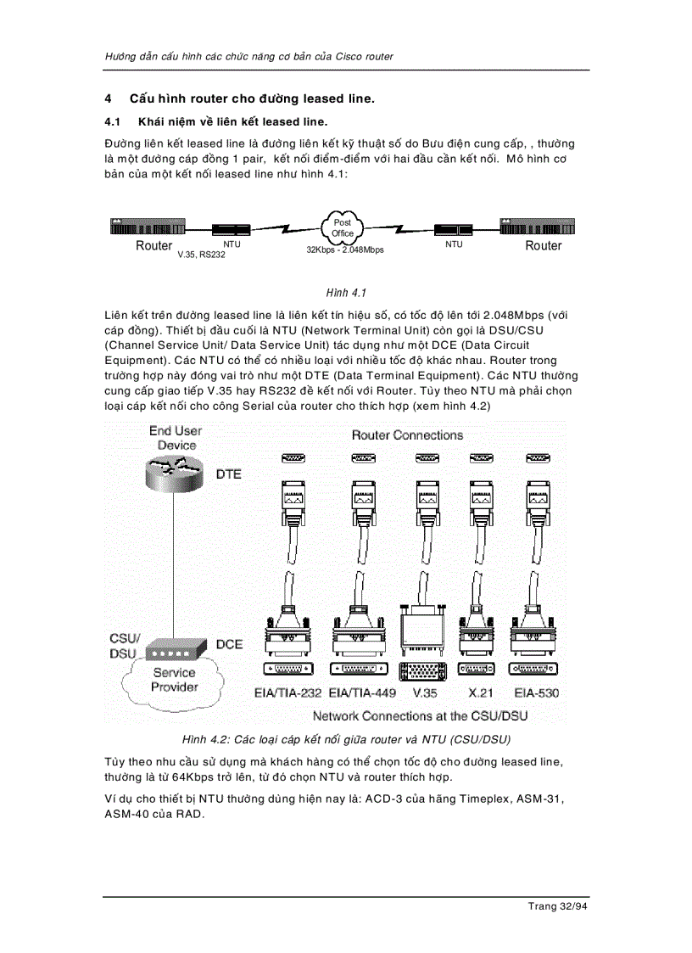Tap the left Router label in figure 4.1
(x=153, y=246)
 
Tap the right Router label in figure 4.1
(x=543, y=246)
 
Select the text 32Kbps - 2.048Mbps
(x=345, y=250)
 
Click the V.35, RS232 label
(x=201, y=255)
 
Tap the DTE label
(x=228, y=474)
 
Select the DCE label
(x=229, y=644)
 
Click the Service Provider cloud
(x=174, y=680)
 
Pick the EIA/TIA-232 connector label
(x=287, y=693)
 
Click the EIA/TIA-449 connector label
(x=361, y=693)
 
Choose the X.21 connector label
(x=477, y=693)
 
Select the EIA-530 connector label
(x=536, y=693)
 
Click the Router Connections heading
(x=407, y=435)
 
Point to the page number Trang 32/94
(x=557, y=906)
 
